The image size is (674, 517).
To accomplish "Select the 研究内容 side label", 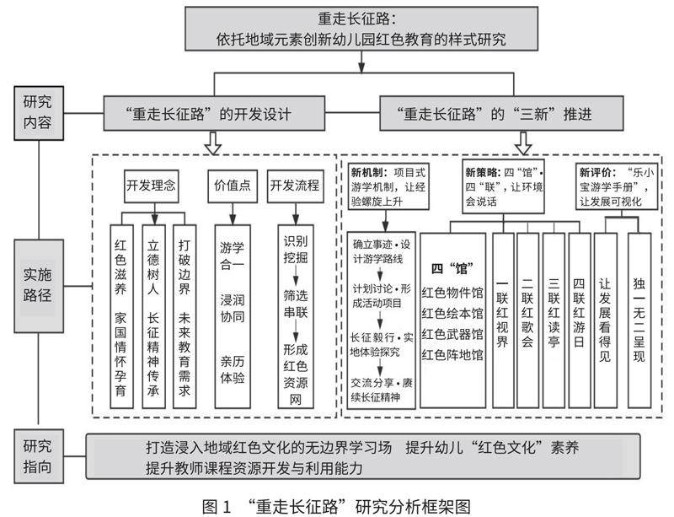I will click(37, 111).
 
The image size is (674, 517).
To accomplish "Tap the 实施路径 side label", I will click(37, 287).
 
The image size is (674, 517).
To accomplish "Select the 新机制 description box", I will click(390, 186).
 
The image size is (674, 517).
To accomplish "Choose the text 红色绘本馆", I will click(452, 314).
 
